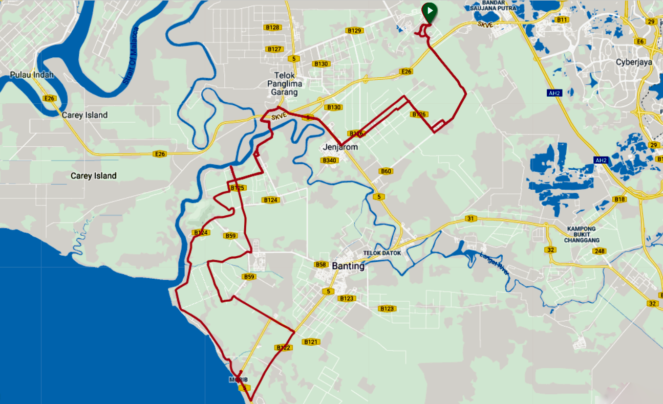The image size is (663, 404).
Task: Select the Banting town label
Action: point(348,266)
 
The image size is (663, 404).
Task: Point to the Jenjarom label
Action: point(340,147)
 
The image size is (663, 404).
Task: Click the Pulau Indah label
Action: point(31,75)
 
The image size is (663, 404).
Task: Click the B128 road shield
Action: point(272,28)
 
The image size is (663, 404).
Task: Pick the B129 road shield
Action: point(354,31)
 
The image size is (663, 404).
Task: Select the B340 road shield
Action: point(329,161)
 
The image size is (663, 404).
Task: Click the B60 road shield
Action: point(386,171)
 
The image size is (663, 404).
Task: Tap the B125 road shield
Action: point(237,188)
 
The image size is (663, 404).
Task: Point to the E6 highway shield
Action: point(639,41)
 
